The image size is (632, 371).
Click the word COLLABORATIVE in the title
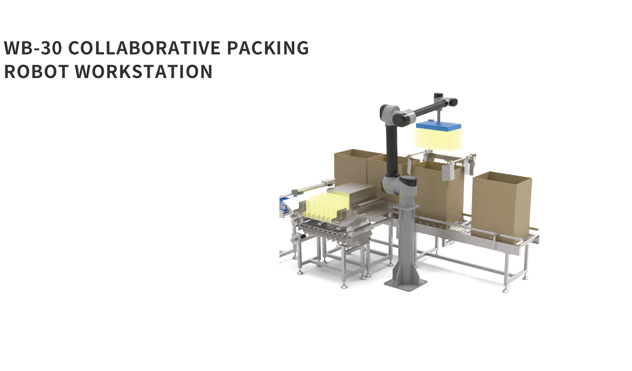[144, 48]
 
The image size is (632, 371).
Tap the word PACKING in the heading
[268, 48]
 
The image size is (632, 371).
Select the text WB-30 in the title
[33, 48]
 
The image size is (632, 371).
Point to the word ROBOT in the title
[37, 71]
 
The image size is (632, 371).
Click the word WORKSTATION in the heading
[144, 71]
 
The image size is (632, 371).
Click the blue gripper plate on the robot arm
[439, 125]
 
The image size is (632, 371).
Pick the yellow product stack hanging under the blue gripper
[439, 140]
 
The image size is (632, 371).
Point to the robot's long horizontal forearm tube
[424, 108]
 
